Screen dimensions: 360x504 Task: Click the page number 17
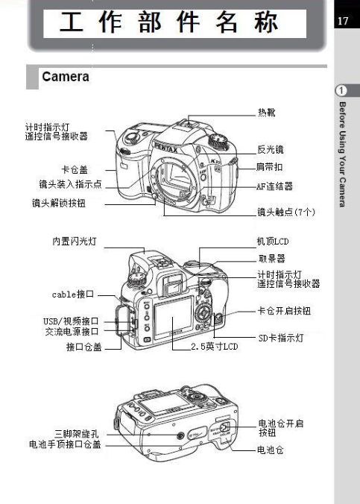[343, 21]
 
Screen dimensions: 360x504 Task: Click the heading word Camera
[66, 77]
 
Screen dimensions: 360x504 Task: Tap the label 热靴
[267, 112]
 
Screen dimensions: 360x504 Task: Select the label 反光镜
[271, 149]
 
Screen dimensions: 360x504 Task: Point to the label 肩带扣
[269, 166]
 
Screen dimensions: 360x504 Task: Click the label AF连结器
[274, 186]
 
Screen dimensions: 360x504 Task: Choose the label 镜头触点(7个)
[286, 212]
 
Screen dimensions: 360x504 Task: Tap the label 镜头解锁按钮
[58, 203]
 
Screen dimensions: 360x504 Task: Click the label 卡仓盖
[75, 169]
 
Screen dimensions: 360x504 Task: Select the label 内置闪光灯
[75, 241]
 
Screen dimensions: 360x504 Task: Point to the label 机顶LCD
[273, 241]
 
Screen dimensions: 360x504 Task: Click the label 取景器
[271, 259]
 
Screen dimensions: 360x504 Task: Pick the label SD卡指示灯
[281, 338]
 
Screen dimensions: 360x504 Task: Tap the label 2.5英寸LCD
[215, 346]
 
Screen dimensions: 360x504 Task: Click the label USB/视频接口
[71, 321]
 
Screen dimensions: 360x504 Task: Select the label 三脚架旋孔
[77, 434]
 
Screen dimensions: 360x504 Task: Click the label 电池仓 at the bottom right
[271, 450]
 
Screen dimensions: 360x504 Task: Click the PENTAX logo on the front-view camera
[166, 148]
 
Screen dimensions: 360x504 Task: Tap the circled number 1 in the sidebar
[341, 91]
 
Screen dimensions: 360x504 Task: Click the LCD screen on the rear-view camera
[173, 318]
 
